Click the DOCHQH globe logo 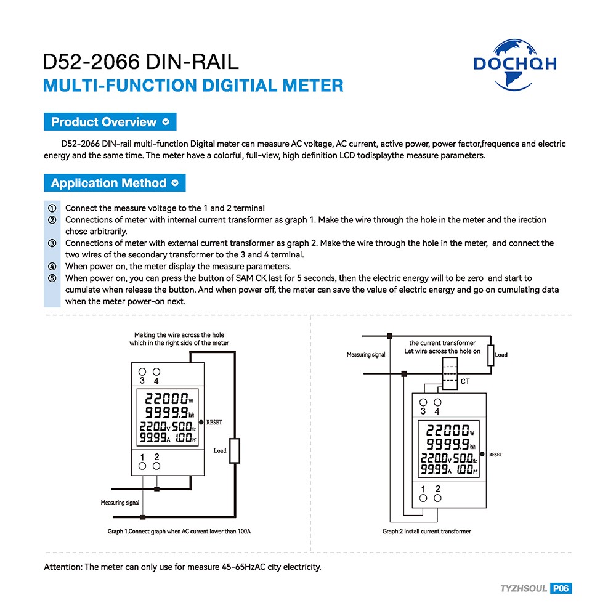click(x=515, y=65)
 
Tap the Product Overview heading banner click(x=110, y=122)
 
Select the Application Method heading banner click(x=115, y=183)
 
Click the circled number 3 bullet click(x=52, y=243)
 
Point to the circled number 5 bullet click(x=52, y=278)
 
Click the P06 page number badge click(x=561, y=588)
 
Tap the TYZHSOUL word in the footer click(x=523, y=588)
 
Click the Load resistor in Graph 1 click(x=235, y=451)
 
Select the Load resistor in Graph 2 click(x=491, y=355)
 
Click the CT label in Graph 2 click(x=465, y=381)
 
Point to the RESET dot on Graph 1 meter click(x=201, y=423)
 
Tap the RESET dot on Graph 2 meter click(x=482, y=454)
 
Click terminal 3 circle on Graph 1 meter click(x=142, y=371)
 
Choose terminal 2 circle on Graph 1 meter click(x=156, y=466)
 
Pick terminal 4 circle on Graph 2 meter click(x=437, y=402)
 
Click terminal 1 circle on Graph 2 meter click(x=423, y=498)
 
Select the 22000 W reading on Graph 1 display click(x=169, y=399)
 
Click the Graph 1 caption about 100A click(x=179, y=532)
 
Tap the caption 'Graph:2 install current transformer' click(x=427, y=532)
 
